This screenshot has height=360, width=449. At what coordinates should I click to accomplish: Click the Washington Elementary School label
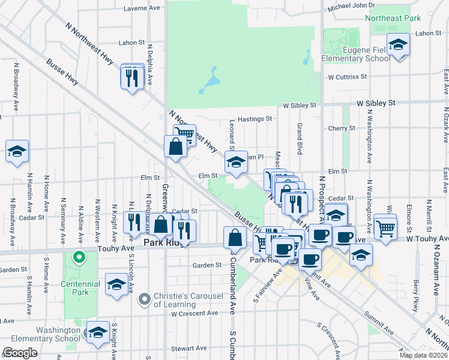(41, 334)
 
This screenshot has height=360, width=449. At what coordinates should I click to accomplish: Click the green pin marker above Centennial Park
(77, 258)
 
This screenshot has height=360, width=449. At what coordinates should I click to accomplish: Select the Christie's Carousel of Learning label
(188, 299)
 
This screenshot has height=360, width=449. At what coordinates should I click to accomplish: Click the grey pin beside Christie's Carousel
(144, 299)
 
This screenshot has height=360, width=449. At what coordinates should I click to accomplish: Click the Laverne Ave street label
(142, 8)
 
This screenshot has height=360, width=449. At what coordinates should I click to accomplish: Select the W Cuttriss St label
(347, 77)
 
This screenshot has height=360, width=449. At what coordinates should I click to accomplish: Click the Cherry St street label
(342, 128)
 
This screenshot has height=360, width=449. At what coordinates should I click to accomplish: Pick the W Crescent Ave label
(194, 313)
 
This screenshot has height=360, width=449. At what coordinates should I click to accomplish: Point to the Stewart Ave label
(188, 348)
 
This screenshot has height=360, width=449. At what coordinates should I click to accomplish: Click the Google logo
(20, 353)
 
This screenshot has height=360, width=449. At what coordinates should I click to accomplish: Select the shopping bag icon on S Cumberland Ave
(235, 238)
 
